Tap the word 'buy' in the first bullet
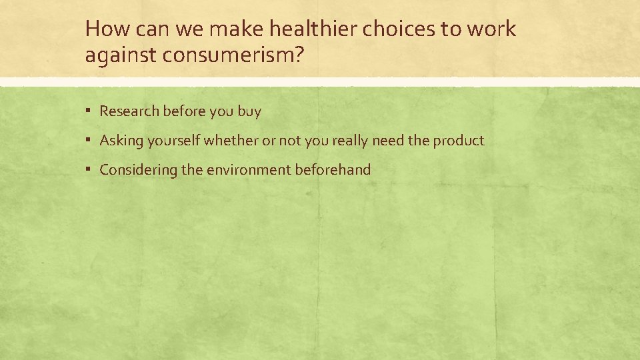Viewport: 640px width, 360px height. click(x=249, y=111)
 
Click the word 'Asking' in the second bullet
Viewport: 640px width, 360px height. click(x=121, y=141)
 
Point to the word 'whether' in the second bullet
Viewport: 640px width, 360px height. click(x=229, y=141)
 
